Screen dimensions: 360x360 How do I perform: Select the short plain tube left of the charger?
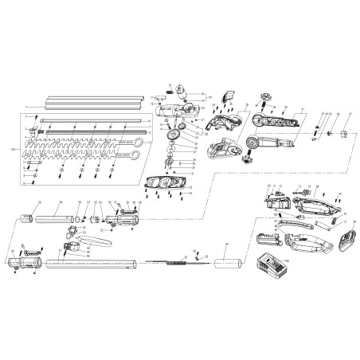coord(229,260)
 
